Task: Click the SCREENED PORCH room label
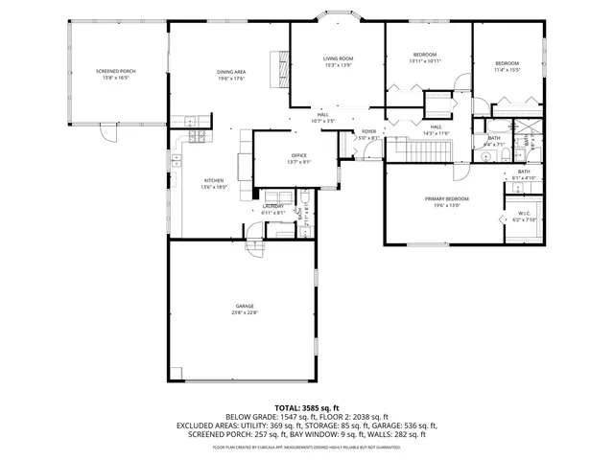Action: pyautogui.click(x=115, y=71)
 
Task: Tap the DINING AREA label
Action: pyautogui.click(x=230, y=71)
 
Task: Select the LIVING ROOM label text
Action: pyautogui.click(x=338, y=59)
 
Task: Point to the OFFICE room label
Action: pyautogui.click(x=298, y=155)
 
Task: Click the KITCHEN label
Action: pyautogui.click(x=212, y=180)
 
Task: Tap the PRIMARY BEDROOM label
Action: pyautogui.click(x=443, y=198)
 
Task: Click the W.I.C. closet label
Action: pyautogui.click(x=524, y=214)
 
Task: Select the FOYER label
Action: pyautogui.click(x=368, y=131)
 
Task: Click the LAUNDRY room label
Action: pyautogui.click(x=272, y=206)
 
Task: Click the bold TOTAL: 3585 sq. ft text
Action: pyautogui.click(x=306, y=407)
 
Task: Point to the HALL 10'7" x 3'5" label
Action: pyautogui.click(x=323, y=118)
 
